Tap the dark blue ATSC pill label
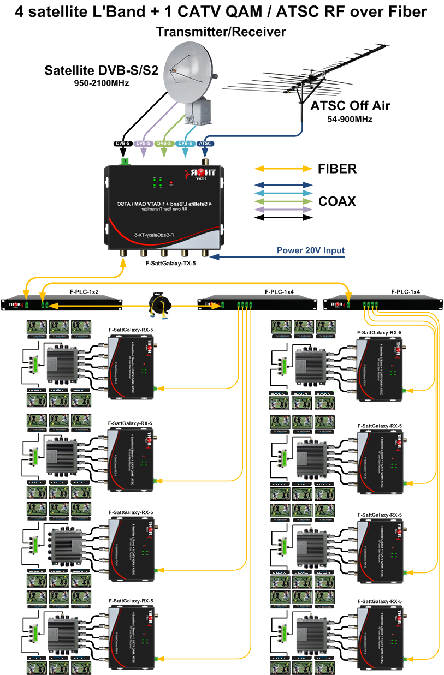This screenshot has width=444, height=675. click(x=206, y=144)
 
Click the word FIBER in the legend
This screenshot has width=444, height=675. click(x=337, y=169)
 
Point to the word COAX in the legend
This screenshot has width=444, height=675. click(x=337, y=201)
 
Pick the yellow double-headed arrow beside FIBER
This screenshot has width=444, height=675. click(x=283, y=169)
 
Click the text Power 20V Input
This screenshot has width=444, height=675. click(x=310, y=250)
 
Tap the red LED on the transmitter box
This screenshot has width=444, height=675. click(x=171, y=183)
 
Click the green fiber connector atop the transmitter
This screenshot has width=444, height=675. click(x=126, y=161)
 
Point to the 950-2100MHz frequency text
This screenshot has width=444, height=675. click(x=101, y=83)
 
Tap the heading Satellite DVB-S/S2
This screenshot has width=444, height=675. click(x=102, y=70)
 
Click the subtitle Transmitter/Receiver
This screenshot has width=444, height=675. click(x=221, y=32)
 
